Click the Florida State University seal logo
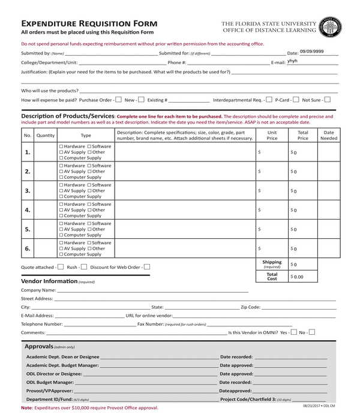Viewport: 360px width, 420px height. pyautogui.click(x=331, y=27)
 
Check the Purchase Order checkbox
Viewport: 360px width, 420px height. pyautogui.click(x=118, y=100)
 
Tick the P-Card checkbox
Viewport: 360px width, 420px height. pyautogui.click(x=295, y=100)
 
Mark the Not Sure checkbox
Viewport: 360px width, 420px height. pyautogui.click(x=328, y=100)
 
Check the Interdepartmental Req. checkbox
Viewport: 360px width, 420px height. pyautogui.click(x=269, y=100)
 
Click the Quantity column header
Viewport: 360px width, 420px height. pyautogui.click(x=46, y=136)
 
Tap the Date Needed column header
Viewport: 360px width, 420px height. pyautogui.click(x=328, y=135)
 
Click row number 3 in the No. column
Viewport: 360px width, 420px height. pyautogui.click(x=28, y=191)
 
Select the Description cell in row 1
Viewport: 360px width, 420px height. pyautogui.click(x=185, y=152)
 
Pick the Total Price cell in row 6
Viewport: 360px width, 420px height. pyautogui.click(x=302, y=248)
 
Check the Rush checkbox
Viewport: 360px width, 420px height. pyautogui.click(x=84, y=267)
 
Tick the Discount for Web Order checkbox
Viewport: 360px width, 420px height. pyautogui.click(x=147, y=267)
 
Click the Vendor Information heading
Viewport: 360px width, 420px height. pyautogui.click(x=49, y=281)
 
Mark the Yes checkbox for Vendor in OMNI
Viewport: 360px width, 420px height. pyautogui.click(x=293, y=332)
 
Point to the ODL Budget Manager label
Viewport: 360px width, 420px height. pyautogui.click(x=50, y=382)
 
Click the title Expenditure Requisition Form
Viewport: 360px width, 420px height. pyautogui.click(x=85, y=22)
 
